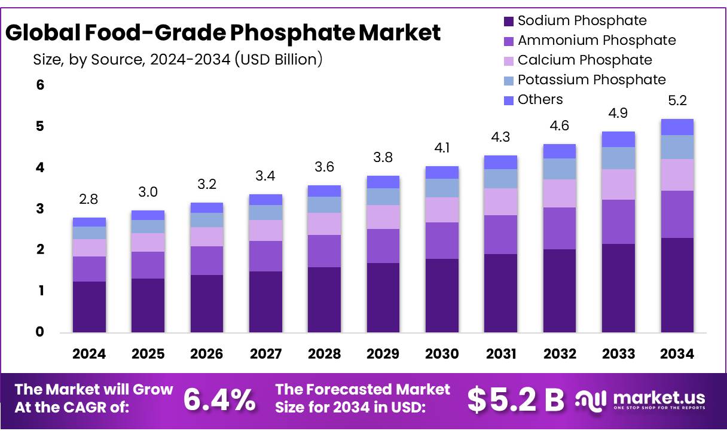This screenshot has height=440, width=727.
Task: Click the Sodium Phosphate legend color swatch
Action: [509, 22]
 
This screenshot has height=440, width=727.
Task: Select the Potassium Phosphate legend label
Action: [591, 80]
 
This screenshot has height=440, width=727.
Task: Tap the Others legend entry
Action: [540, 100]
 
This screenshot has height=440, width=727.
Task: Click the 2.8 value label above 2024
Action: [89, 198]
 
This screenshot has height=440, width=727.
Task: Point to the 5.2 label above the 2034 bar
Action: [677, 101]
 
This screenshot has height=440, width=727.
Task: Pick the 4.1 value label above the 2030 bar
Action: [442, 148]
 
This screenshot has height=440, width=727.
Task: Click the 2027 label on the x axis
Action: [265, 354]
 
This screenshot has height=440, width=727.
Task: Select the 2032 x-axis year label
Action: [560, 354]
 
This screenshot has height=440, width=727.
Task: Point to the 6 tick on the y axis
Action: [40, 85]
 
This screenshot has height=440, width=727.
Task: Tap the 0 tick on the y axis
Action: [40, 332]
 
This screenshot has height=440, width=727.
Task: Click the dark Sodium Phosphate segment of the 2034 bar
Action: [677, 285]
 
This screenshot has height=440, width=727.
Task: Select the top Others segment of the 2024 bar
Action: [89, 222]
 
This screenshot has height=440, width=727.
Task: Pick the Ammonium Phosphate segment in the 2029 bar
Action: [383, 246]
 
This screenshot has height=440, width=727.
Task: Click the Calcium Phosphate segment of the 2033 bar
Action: [618, 184]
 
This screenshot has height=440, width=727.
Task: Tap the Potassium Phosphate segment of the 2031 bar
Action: [500, 179]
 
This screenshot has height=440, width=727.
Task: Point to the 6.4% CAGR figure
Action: [219, 399]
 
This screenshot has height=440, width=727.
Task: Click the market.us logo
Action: [640, 400]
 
